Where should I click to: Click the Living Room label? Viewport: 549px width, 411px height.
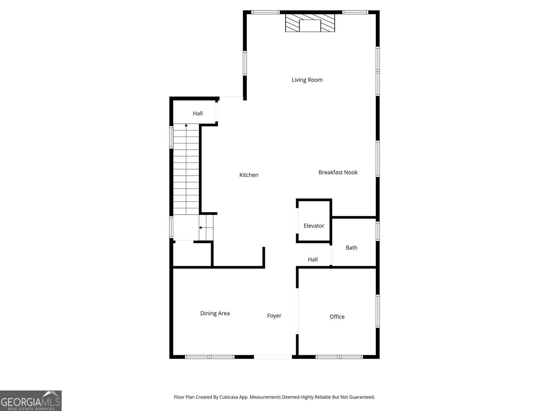[x=307, y=80]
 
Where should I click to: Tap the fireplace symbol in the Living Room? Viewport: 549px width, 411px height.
[x=310, y=23]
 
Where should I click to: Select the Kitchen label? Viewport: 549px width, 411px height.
[x=249, y=175]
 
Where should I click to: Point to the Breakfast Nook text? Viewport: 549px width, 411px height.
[x=338, y=172]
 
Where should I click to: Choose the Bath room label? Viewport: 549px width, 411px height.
[x=351, y=248]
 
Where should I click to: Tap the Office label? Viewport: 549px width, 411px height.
[x=337, y=317]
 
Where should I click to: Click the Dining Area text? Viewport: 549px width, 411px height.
[x=215, y=313]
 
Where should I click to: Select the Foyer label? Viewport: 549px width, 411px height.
[x=274, y=316]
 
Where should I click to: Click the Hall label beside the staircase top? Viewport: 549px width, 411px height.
[x=198, y=113]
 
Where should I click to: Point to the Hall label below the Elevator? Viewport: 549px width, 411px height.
[x=313, y=260]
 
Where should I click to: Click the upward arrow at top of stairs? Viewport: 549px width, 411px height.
[x=186, y=126]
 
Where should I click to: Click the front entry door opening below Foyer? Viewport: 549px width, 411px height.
[x=273, y=357]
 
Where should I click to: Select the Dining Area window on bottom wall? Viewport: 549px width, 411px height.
[x=210, y=357]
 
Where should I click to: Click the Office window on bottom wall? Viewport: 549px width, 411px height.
[x=339, y=357]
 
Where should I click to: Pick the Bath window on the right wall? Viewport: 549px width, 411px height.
[x=377, y=231]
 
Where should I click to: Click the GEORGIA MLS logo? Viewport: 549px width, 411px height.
[x=31, y=401]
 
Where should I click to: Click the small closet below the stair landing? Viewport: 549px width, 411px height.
[x=191, y=254]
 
